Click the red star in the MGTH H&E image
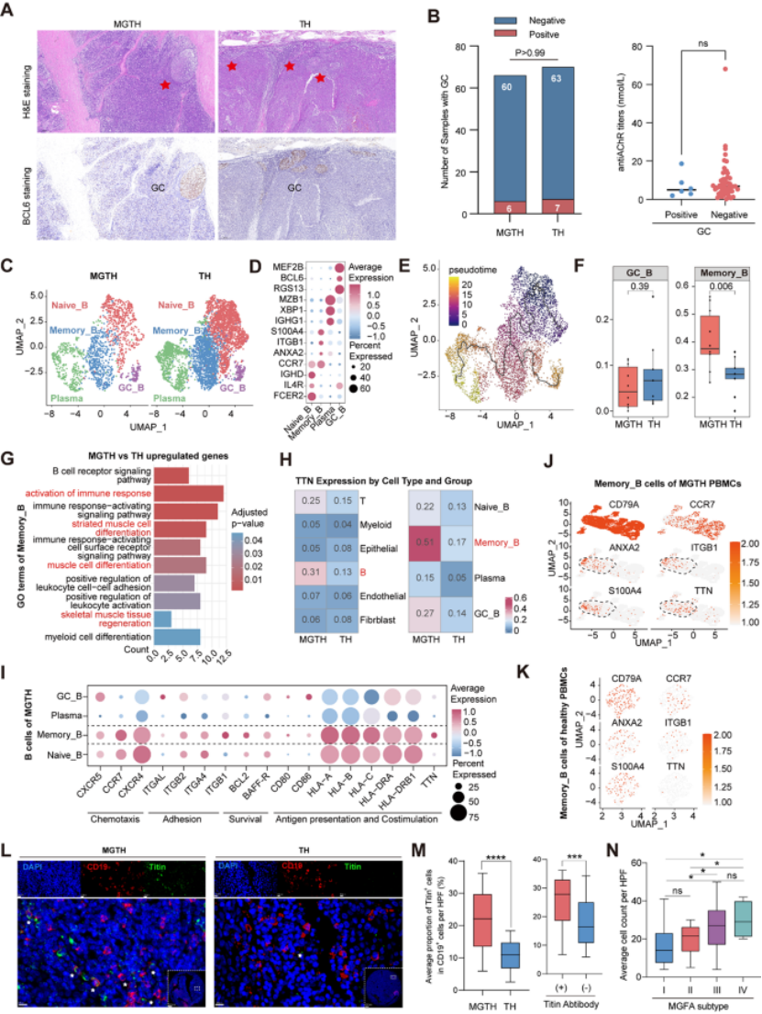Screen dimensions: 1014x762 [x=164, y=85]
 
